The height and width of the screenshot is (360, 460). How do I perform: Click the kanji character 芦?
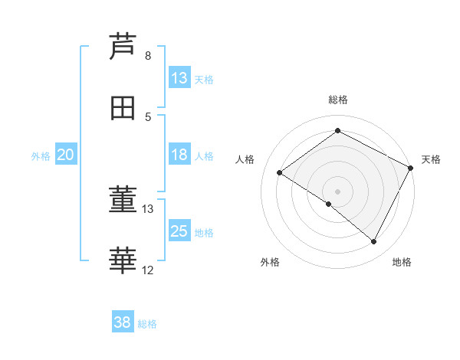click(122, 46)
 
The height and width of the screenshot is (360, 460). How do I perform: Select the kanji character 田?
click(122, 108)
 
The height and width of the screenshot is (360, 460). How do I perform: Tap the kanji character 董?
click(122, 200)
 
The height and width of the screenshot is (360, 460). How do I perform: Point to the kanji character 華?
click(122, 261)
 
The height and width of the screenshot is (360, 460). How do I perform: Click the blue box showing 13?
click(179, 77)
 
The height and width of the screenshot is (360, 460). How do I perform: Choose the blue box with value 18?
click(179, 154)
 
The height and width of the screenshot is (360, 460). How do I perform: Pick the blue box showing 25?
click(179, 231)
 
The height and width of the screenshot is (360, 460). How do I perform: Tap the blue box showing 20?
click(66, 154)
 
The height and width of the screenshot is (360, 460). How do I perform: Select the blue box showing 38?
click(123, 322)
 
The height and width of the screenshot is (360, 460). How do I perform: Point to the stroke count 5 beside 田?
click(148, 117)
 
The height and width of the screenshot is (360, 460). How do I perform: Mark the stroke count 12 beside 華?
click(148, 270)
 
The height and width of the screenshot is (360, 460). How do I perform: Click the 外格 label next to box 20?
click(41, 155)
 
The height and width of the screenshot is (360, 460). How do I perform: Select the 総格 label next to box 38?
click(147, 324)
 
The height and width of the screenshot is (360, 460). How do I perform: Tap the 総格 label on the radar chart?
click(338, 100)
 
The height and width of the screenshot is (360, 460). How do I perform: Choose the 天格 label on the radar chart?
click(431, 159)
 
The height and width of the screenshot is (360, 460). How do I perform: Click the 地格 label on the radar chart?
click(402, 262)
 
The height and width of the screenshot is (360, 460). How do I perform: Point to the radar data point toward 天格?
click(411, 168)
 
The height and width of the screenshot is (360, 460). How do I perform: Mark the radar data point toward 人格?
click(280, 172)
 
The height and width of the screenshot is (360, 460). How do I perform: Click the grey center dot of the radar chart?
click(338, 191)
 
